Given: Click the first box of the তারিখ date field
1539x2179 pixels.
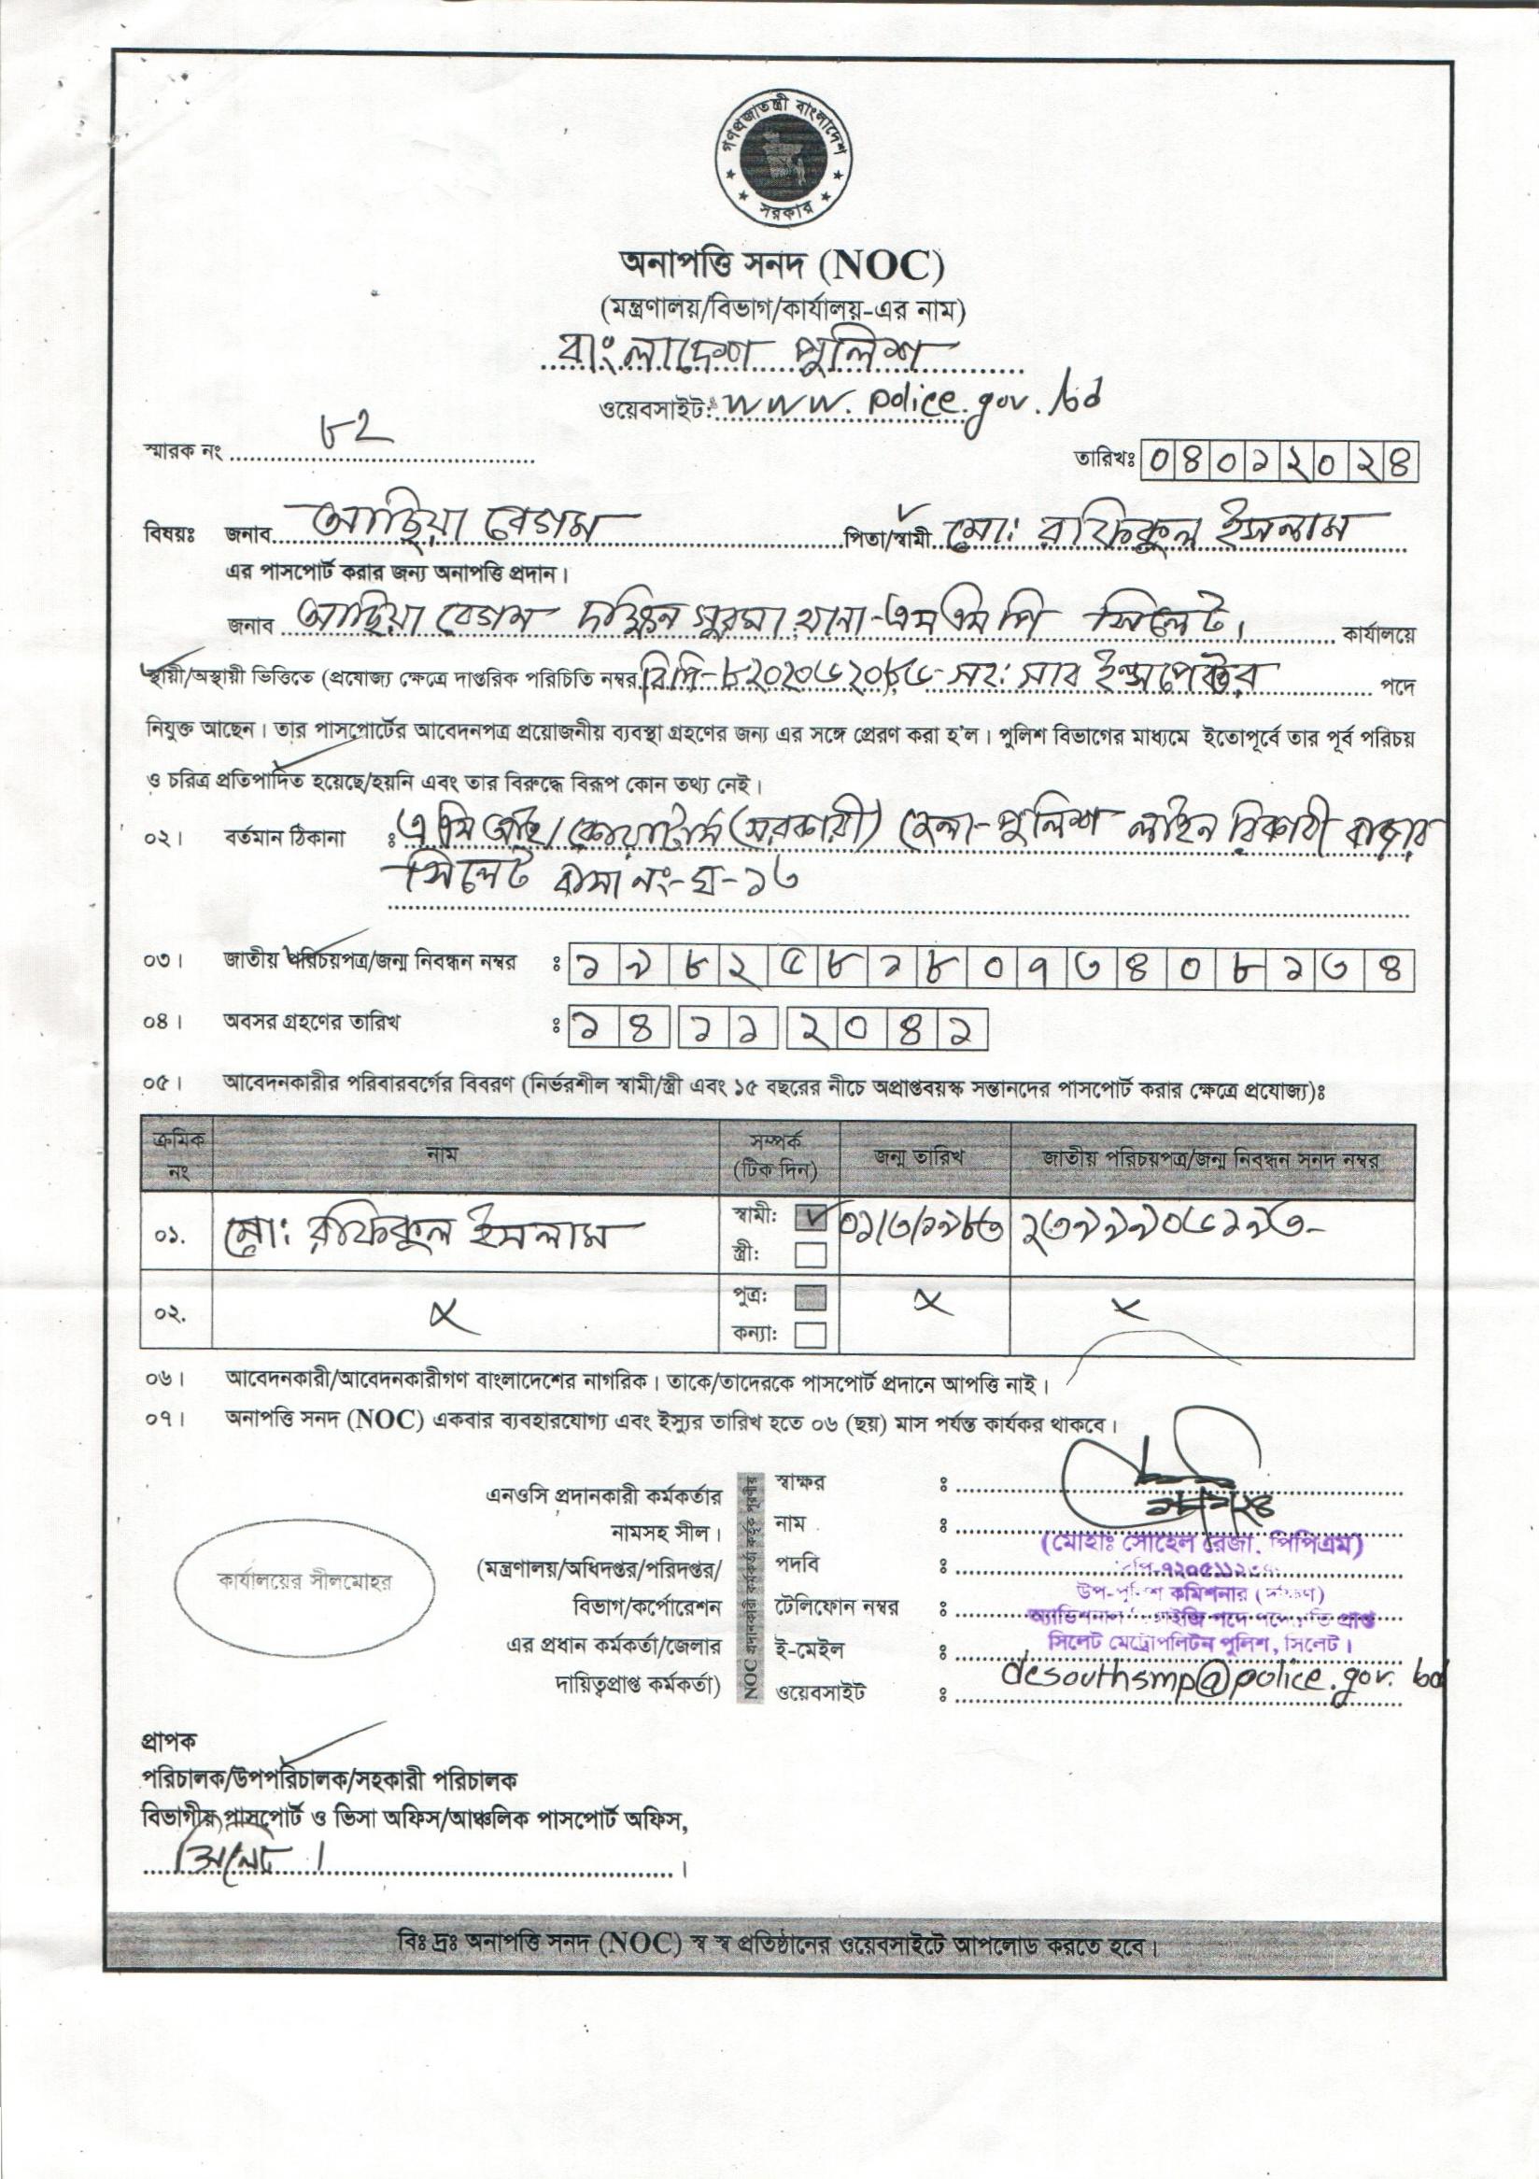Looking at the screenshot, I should click(x=1161, y=462).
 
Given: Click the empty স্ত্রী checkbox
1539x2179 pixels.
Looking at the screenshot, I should click(x=811, y=1254).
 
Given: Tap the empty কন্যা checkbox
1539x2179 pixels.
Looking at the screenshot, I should click(x=811, y=1336).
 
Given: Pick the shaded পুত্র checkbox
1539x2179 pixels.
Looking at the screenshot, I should click(x=811, y=1296).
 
